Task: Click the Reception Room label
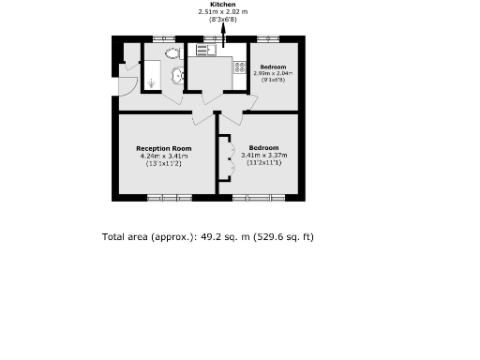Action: [163, 148]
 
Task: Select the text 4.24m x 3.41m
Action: [163, 156]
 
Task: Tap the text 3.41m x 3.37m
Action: [263, 156]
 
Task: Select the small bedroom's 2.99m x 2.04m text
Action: [274, 74]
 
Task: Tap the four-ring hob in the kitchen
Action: [239, 67]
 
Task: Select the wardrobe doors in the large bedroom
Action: [226, 157]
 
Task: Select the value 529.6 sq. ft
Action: [284, 237]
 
